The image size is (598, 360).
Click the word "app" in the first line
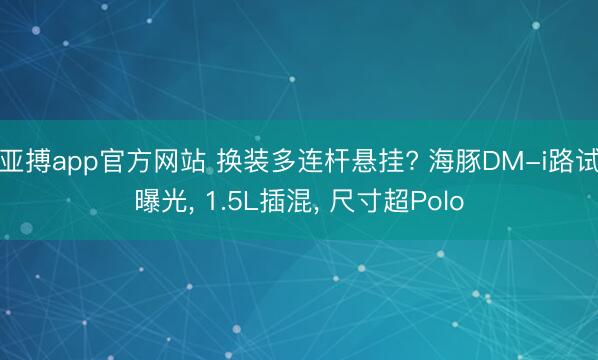[69, 159]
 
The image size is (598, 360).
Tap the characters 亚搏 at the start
[23, 159]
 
